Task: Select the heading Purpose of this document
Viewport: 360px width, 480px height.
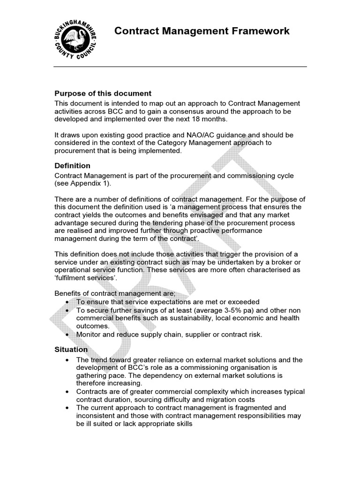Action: (x=103, y=93)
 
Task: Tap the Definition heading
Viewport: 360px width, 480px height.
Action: (x=73, y=166)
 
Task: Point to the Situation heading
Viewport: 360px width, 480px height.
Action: (x=71, y=349)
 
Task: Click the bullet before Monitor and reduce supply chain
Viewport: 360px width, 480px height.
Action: (x=68, y=334)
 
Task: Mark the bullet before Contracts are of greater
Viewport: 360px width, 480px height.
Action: (x=68, y=392)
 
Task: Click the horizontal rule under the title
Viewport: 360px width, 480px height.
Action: (x=180, y=67)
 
